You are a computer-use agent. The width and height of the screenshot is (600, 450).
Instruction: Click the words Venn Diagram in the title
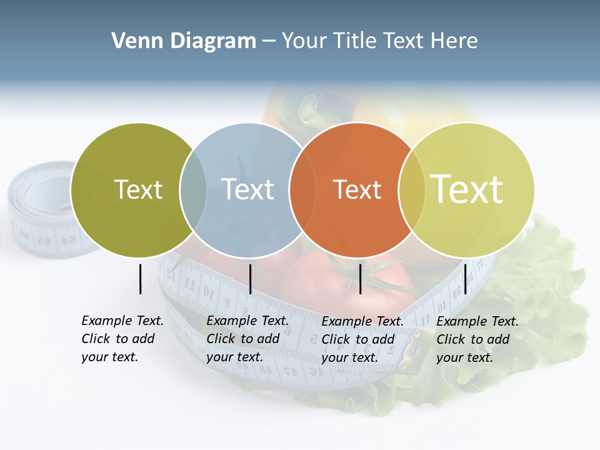(x=183, y=41)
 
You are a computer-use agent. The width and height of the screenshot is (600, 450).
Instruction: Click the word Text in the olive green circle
(x=138, y=189)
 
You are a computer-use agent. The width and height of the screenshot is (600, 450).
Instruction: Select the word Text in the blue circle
(x=247, y=189)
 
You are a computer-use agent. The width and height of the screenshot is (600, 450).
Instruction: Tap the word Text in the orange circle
(x=357, y=189)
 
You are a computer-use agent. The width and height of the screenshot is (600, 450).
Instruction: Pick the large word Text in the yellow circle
(x=467, y=189)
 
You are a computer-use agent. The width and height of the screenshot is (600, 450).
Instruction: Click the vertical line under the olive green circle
(x=140, y=279)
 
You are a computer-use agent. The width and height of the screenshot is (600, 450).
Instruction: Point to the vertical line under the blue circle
(x=250, y=279)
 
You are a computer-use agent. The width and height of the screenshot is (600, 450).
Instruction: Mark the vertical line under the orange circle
(x=360, y=279)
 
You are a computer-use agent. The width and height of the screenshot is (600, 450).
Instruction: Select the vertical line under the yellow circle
(x=465, y=279)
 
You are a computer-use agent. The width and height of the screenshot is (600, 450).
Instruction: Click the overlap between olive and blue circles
(x=193, y=189)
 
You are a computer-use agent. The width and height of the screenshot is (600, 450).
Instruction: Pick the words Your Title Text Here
(x=379, y=41)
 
